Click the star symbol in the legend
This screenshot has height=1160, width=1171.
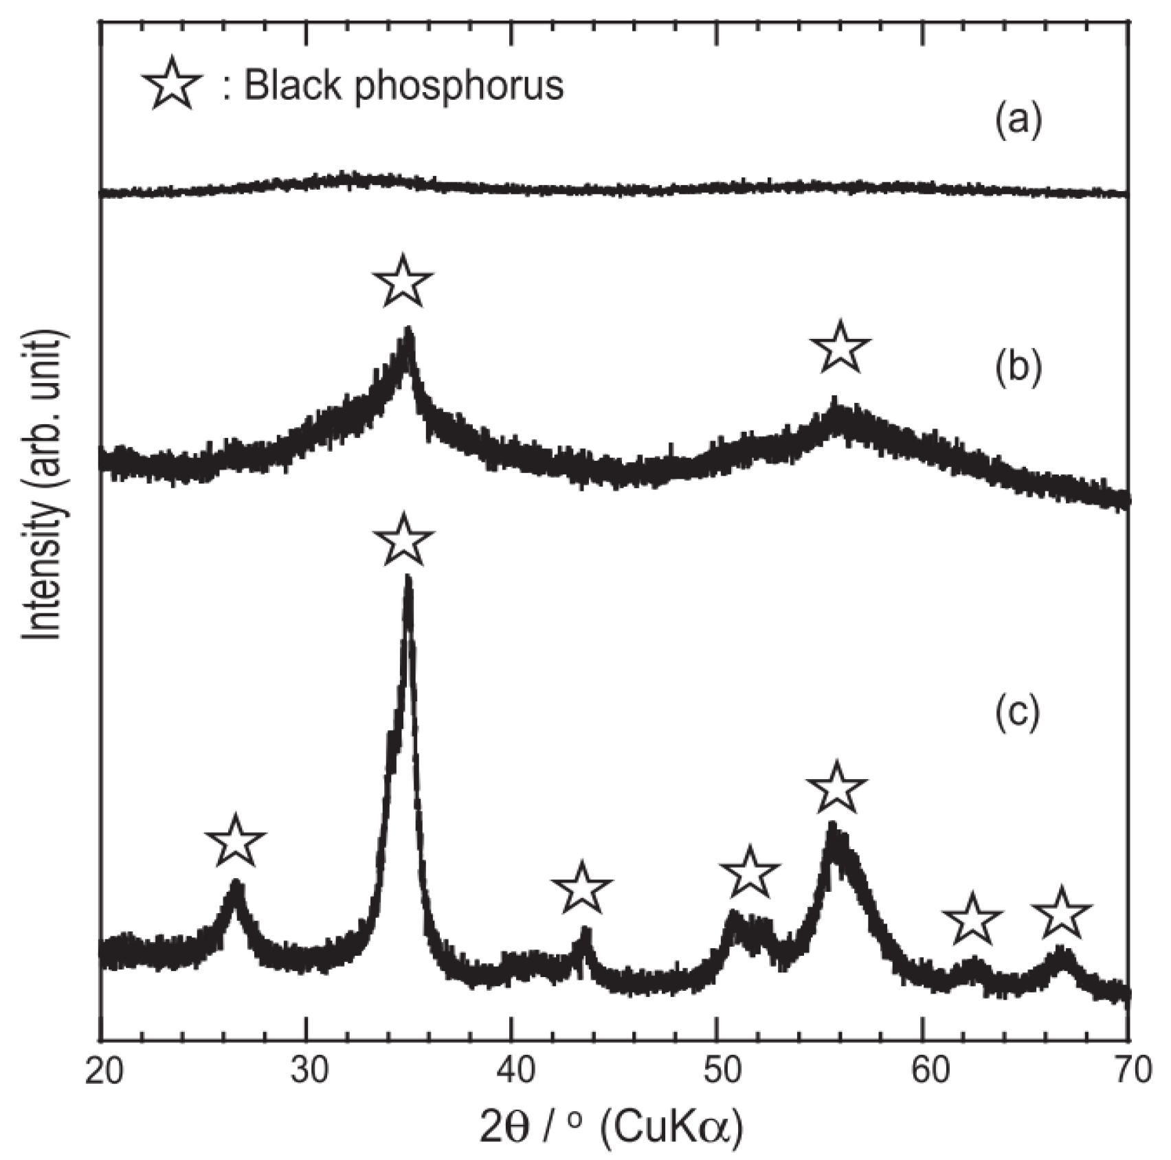point(171,84)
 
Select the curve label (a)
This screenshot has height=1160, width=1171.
point(1018,120)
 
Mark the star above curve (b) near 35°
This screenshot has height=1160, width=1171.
point(403,281)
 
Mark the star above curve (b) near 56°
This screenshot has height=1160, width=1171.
point(840,347)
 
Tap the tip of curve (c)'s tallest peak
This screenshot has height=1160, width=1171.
point(408,579)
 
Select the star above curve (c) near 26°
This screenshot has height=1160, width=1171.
point(235,842)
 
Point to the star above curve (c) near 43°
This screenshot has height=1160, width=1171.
point(581,888)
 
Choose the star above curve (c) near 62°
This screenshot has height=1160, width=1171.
point(972,920)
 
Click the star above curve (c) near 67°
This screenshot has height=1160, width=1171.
point(1062,915)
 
